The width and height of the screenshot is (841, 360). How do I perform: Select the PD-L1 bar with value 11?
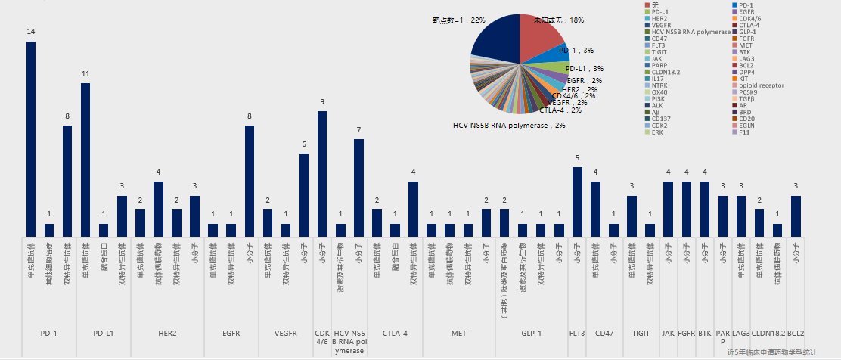pos(85,160)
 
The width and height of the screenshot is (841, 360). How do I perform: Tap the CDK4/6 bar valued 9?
pos(322,174)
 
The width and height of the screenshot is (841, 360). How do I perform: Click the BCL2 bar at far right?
pos(796,216)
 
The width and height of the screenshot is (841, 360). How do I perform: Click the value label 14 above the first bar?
pos(31,32)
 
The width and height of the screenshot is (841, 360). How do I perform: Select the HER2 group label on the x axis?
pos(167,333)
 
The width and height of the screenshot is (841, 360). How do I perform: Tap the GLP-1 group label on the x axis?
pos(532,333)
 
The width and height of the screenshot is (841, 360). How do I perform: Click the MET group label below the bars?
pos(458,333)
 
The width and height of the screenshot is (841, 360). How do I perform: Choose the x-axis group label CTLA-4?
pos(395,333)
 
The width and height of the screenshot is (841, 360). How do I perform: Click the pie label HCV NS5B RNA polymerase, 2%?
pos(509,125)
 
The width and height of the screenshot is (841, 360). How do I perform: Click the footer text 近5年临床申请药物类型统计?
pos(771,352)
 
